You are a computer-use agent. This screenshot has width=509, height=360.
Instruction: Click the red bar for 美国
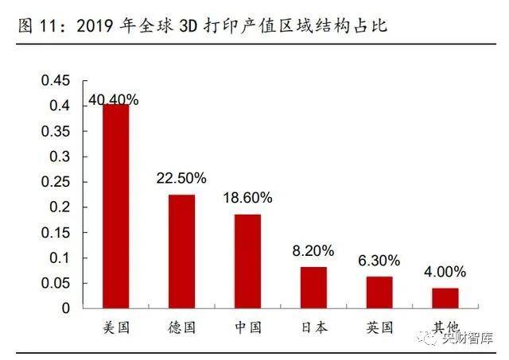116,206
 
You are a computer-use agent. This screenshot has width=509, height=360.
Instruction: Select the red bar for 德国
181,251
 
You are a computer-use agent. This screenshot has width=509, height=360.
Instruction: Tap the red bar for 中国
247,261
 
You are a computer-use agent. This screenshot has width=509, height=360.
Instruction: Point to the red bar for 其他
445,298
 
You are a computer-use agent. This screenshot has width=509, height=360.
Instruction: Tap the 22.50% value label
181,178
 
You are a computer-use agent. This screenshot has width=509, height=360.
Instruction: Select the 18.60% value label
248,198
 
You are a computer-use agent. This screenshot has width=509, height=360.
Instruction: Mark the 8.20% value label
313,250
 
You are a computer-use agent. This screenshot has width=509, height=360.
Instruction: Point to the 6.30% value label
379,261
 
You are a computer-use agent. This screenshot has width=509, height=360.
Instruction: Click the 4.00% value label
445,272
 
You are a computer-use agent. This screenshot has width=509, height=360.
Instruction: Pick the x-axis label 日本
313,327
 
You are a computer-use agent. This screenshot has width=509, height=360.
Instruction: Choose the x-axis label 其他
445,327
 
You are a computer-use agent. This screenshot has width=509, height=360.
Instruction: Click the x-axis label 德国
181,327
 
